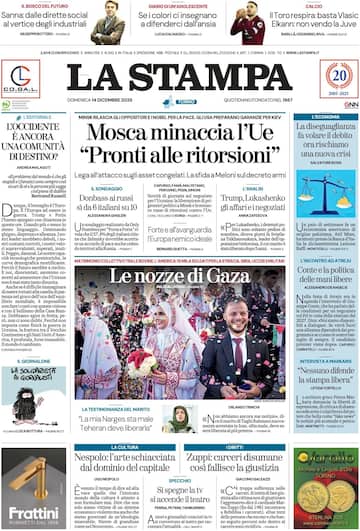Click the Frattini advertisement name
(x=32, y=512)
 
